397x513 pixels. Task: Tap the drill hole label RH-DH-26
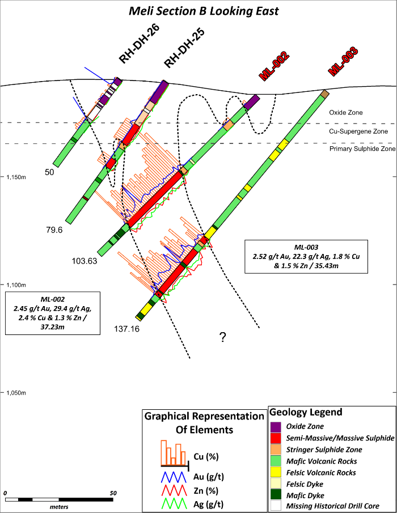(138, 46)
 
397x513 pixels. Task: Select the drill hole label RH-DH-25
(184, 48)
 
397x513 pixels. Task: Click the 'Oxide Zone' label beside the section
(346, 113)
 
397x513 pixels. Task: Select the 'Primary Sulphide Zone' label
(362, 149)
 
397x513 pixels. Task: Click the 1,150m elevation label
(14, 177)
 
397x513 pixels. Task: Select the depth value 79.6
(55, 230)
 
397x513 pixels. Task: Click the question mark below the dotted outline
(223, 338)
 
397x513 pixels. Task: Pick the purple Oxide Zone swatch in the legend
(276, 426)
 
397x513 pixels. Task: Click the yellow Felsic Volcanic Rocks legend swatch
(276, 472)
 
